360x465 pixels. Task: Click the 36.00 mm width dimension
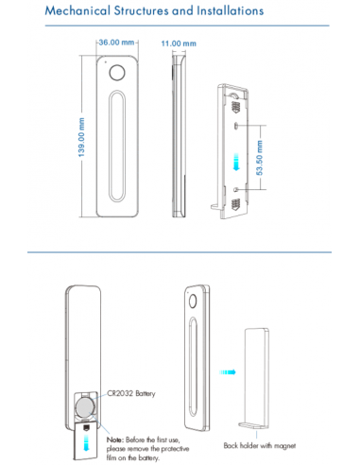coord(116,43)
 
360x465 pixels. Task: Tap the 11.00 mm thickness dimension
coord(179,43)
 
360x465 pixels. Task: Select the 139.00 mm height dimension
coord(81,137)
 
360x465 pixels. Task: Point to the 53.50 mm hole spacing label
coord(259,158)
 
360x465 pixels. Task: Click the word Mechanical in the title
coord(77,10)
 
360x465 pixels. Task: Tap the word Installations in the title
coord(231,10)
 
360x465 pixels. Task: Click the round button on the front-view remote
coord(117,73)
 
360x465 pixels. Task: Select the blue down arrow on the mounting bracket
coord(236,162)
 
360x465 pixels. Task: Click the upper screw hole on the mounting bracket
coord(236,126)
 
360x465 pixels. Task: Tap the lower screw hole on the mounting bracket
coord(236,189)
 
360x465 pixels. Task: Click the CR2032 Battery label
coord(131,393)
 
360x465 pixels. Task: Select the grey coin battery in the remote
coord(85,407)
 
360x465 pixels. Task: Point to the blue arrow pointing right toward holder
coord(227,372)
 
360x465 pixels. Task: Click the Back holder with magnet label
coord(260,445)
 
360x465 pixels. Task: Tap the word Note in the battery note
coord(113,439)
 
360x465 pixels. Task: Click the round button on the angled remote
coord(193,301)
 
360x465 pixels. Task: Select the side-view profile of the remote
coord(179,136)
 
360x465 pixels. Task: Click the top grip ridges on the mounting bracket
coord(235,107)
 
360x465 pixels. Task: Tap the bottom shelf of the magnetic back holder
coord(252,425)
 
